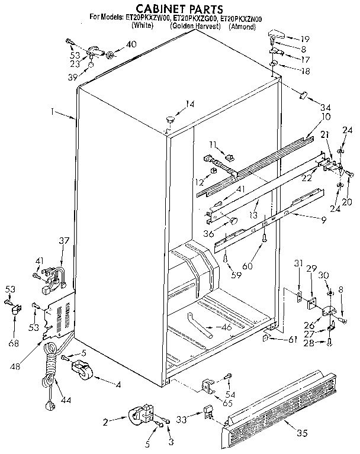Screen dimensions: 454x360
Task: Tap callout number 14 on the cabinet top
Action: (189, 105)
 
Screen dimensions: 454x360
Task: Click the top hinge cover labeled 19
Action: (275, 33)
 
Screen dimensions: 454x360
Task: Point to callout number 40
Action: (131, 44)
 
